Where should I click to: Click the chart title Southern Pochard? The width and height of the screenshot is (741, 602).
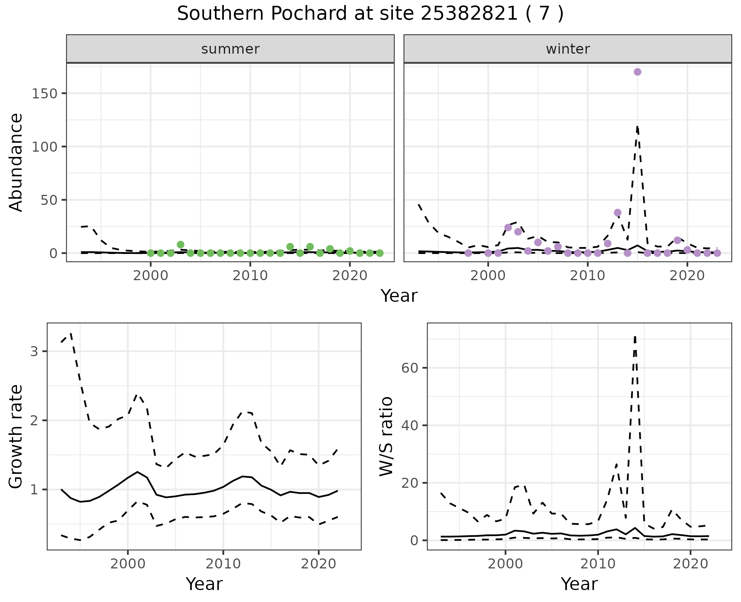[x=370, y=14]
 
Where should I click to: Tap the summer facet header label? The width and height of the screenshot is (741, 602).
[x=230, y=49]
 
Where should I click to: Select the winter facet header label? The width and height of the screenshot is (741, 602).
[x=568, y=49]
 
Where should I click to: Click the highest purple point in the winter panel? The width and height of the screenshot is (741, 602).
[x=638, y=72]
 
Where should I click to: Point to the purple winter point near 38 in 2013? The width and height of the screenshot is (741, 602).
[x=617, y=213]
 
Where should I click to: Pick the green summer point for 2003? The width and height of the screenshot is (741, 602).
[x=181, y=245]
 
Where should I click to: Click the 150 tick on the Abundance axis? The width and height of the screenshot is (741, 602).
[x=44, y=93]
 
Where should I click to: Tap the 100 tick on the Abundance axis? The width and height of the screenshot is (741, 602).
[x=44, y=147]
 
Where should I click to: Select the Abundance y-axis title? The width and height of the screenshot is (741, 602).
[x=16, y=162]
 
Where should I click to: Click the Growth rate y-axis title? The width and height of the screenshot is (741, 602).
[x=16, y=436]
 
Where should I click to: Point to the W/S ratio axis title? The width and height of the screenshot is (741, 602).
[x=386, y=436]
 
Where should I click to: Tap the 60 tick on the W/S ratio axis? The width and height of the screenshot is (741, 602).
[x=410, y=368]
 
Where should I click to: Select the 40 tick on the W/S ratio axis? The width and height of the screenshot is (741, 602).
[x=410, y=425]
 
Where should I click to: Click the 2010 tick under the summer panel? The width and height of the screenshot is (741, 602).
[x=250, y=276]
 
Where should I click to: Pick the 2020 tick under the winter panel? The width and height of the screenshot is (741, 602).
[x=687, y=276]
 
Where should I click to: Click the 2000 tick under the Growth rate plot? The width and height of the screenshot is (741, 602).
[x=128, y=564]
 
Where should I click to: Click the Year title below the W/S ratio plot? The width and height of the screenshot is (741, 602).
[x=579, y=584]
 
